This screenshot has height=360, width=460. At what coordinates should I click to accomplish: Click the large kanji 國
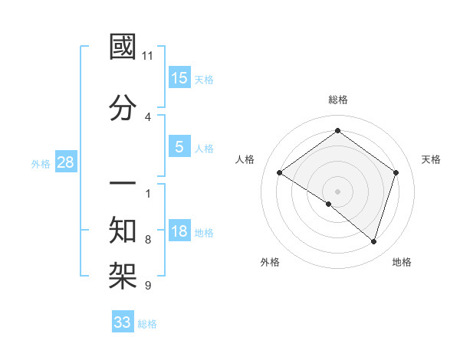123,47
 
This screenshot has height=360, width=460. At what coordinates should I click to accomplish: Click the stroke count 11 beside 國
148,56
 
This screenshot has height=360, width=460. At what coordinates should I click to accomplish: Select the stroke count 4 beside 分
148,117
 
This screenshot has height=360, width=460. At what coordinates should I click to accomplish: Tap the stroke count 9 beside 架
148,286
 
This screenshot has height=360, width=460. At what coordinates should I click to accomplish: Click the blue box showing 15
179,77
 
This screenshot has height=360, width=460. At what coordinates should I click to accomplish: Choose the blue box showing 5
179,146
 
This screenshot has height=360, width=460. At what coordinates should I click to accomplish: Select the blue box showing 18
179,231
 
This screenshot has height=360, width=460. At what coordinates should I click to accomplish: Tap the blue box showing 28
65,162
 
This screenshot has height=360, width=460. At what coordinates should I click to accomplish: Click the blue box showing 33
122,322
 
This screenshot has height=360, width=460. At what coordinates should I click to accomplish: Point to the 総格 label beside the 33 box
147,324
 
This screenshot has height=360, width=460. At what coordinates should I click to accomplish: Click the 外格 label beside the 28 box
41,164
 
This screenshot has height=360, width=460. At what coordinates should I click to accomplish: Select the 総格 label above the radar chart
337,100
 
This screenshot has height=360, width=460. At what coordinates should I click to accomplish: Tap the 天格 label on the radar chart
431,159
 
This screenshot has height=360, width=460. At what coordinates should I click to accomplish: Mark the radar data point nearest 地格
373,241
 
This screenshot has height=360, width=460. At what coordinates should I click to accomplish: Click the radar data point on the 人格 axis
280,173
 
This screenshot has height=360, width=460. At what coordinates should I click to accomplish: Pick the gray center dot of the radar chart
337,191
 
